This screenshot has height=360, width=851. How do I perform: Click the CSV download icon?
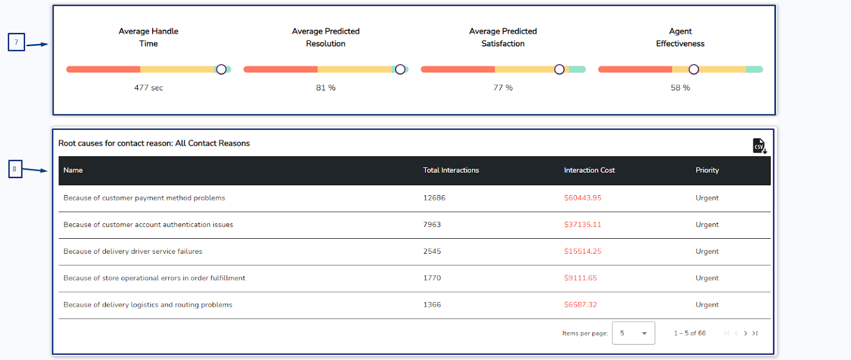coord(759,146)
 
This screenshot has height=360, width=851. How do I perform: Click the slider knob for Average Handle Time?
coord(221,69)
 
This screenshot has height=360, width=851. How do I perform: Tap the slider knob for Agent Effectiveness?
coord(694,69)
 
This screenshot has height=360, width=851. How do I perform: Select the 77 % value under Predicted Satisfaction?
coord(503,88)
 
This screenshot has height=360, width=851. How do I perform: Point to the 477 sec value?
coord(148,88)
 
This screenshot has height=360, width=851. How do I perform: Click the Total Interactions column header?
coord(450,170)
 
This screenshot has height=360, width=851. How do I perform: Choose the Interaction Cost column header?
coord(589,170)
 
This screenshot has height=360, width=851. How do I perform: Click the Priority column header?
coord(707,170)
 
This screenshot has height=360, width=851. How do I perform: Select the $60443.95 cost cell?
coord(582,198)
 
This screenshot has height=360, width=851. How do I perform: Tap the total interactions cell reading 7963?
coord(432,224)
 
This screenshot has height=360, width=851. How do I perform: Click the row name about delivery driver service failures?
coord(133,252)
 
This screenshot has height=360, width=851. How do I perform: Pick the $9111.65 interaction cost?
coord(580,278)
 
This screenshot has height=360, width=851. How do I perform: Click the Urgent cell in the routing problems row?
coord(707,305)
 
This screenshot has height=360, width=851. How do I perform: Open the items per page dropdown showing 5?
coord(633,333)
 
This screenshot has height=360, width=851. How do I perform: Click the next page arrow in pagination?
coord(745,333)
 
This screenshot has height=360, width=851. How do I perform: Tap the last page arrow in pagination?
coord(755,333)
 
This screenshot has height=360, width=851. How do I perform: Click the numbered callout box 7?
coord(16,42)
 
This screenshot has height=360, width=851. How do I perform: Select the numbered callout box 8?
coord(15,169)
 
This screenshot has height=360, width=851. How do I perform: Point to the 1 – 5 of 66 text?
coord(689,333)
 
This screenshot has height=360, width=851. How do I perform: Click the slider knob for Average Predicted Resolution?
coord(400,69)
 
